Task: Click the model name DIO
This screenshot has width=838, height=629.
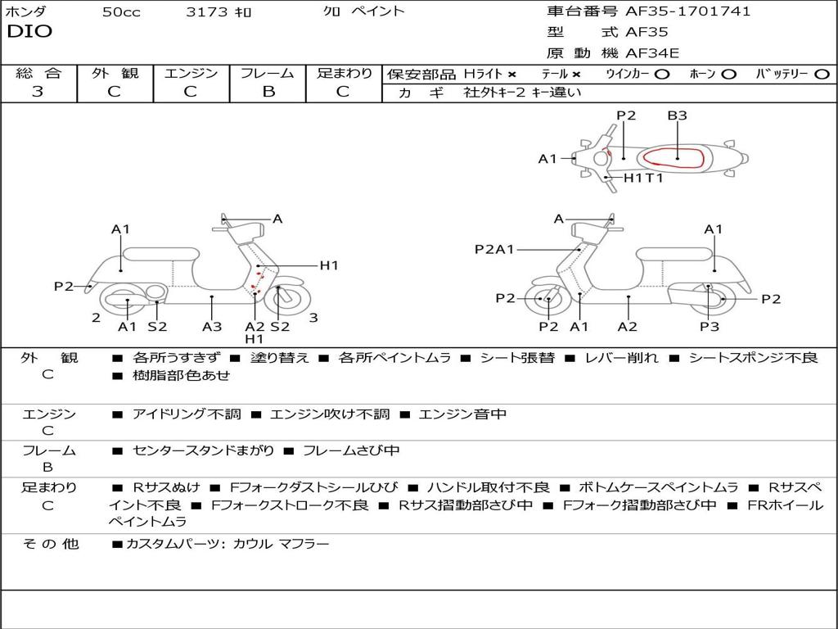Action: point(29,32)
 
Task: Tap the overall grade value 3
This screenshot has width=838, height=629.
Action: point(38,92)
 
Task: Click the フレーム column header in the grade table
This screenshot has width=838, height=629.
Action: point(268,74)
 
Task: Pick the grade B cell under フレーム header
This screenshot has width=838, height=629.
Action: point(268,92)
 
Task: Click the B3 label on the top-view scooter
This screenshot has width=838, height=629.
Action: point(677,115)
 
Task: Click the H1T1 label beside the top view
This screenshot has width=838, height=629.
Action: point(643,178)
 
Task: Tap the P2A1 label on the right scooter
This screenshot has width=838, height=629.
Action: point(494,250)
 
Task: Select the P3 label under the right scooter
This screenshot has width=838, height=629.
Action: point(709,327)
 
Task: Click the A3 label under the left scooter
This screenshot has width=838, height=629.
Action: point(212,327)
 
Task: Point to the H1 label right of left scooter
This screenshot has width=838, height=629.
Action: point(329,265)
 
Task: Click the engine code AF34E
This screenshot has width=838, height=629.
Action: point(652,53)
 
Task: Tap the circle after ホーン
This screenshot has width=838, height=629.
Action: point(728,74)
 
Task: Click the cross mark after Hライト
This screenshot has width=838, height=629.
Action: point(511,74)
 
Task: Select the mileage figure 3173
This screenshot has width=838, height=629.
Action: point(208,12)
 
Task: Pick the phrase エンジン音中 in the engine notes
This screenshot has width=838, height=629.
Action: point(462,414)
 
